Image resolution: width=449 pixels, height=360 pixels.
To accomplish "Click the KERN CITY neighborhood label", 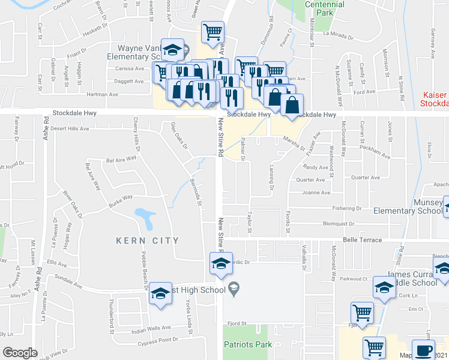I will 148,241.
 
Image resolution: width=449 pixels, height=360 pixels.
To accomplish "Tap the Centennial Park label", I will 324,8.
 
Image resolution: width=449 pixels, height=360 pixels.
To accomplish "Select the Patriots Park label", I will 248,344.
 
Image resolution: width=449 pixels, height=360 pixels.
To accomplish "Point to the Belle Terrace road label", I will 362,240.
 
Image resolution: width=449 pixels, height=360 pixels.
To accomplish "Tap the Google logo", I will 20,353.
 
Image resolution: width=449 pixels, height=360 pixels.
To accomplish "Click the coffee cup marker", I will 424,350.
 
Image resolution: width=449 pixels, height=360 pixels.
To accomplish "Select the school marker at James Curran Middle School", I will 384,287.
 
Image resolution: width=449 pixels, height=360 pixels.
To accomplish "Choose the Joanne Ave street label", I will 317,193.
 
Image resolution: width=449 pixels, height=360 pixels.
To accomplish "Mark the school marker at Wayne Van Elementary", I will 173,50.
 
